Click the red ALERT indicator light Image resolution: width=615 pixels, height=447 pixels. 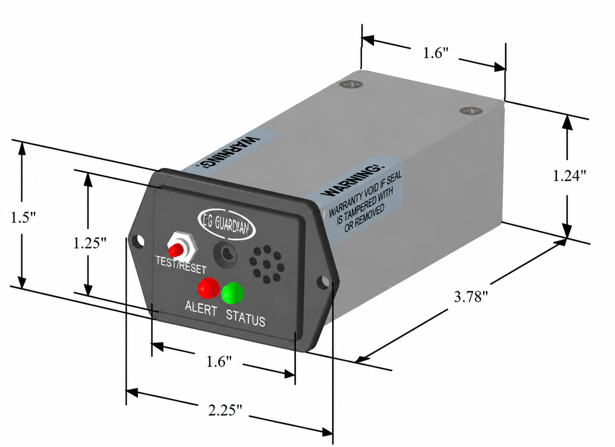pyautogui.click(x=208, y=288)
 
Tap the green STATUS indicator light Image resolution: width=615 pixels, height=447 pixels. pyautogui.click(x=232, y=293)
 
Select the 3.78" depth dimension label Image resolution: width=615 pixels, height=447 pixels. pyautogui.click(x=471, y=297)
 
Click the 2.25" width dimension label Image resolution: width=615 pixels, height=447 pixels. pyautogui.click(x=226, y=411)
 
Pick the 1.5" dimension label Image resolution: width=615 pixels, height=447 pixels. pyautogui.click(x=23, y=217)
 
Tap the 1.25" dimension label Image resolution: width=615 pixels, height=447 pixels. pyautogui.click(x=89, y=243)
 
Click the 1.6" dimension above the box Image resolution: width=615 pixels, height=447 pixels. pyautogui.click(x=436, y=53)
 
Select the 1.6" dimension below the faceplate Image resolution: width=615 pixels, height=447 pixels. pyautogui.click(x=219, y=362)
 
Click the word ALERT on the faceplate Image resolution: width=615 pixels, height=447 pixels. pyautogui.click(x=201, y=309)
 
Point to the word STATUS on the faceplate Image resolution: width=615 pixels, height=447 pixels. pyautogui.click(x=245, y=319)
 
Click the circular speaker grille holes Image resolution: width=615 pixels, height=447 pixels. pyautogui.click(x=267, y=264)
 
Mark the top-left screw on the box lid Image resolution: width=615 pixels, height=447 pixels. pyautogui.click(x=351, y=84)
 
